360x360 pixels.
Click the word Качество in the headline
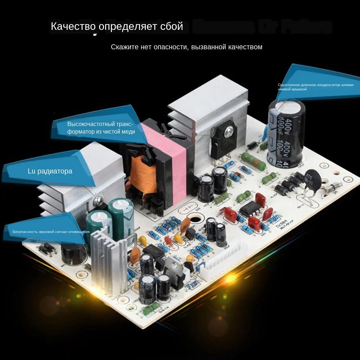(x=73, y=26)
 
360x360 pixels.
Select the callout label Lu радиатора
(x=50, y=171)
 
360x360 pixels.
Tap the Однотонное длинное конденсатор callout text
(x=316, y=87)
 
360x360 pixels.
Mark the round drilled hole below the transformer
(x=195, y=219)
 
